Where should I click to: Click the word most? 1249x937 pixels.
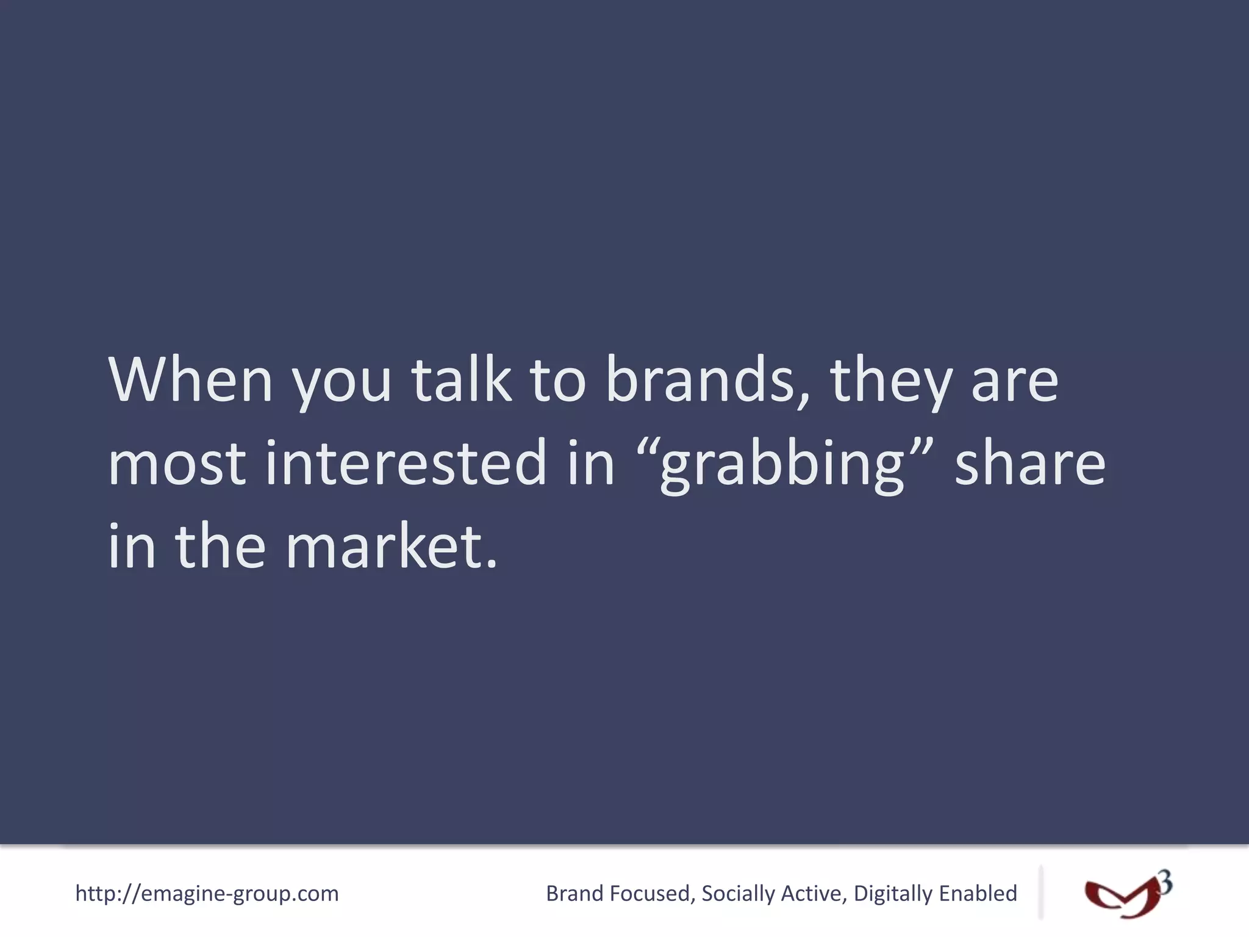coord(177,464)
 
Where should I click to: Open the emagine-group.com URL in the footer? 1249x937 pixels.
coord(207,894)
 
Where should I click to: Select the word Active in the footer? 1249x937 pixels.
coord(815,894)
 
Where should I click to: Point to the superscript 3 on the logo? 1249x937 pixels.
coord(1164,883)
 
